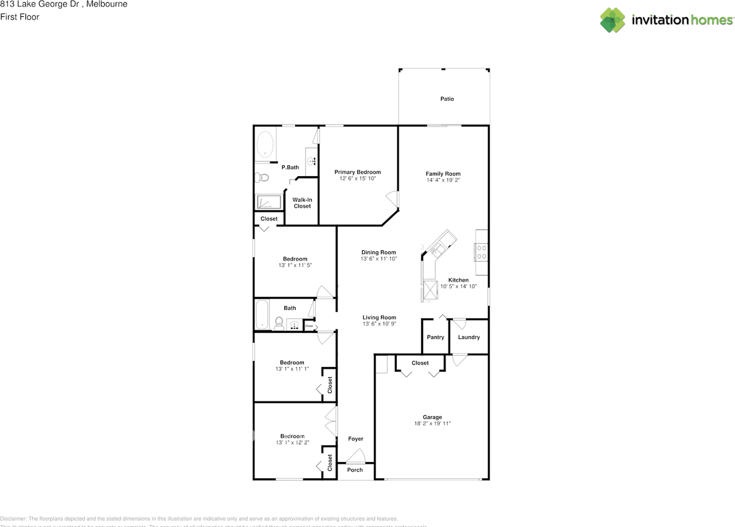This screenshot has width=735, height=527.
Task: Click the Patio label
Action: pyautogui.click(x=447, y=99)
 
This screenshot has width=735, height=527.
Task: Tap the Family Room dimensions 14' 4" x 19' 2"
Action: pyautogui.click(x=443, y=180)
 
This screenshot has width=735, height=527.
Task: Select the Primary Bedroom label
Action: pyautogui.click(x=357, y=172)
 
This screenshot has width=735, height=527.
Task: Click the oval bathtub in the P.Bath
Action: pyautogui.click(x=265, y=145)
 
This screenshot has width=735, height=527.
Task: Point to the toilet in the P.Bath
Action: pyautogui.click(x=262, y=177)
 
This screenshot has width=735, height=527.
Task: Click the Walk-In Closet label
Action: pyautogui.click(x=302, y=203)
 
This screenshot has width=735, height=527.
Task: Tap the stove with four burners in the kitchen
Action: pyautogui.click(x=481, y=253)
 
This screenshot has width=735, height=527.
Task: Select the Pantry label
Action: pyautogui.click(x=435, y=337)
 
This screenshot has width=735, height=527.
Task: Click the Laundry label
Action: pyautogui.click(x=469, y=337)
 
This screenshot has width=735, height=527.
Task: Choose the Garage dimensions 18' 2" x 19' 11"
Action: pyautogui.click(x=432, y=424)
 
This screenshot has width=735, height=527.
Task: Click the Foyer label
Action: pyautogui.click(x=355, y=439)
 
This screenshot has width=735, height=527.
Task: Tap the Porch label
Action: pyautogui.click(x=355, y=470)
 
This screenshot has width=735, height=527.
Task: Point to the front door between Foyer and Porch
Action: pyautogui.click(x=355, y=458)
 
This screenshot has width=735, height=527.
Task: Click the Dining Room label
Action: pyautogui.click(x=378, y=252)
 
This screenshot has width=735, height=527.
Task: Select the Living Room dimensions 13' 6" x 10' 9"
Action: pyautogui.click(x=379, y=324)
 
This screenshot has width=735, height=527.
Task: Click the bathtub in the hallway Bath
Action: pyautogui.click(x=262, y=315)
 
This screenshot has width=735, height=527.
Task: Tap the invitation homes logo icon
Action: pyautogui.click(x=613, y=20)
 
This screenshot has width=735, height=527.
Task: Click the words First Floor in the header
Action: pyautogui.click(x=20, y=17)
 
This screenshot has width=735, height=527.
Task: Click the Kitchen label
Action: pyautogui.click(x=458, y=280)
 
